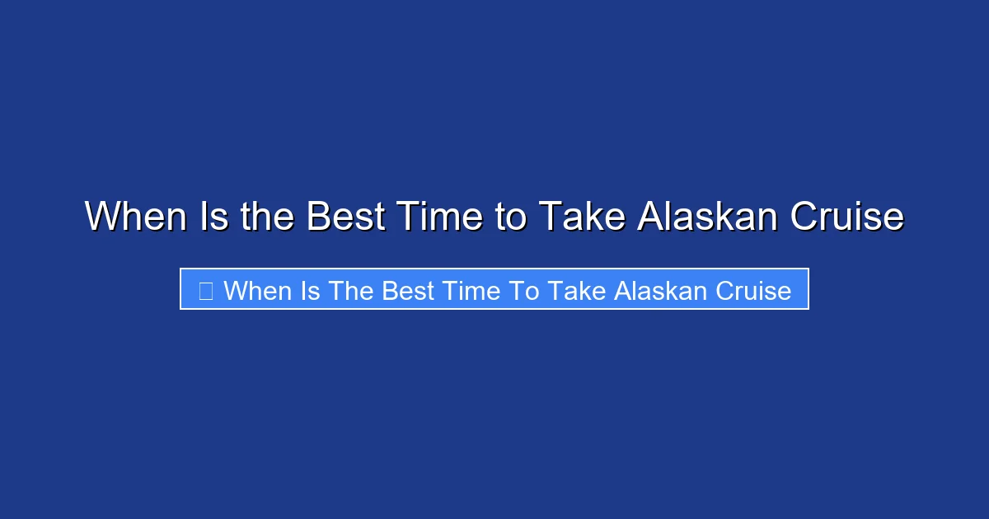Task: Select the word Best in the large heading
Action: pos(345,217)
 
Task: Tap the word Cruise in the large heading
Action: pos(846,217)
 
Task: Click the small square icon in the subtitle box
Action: pos(206,290)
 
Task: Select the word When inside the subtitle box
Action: pos(258,290)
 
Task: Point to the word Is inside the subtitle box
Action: pos(311,290)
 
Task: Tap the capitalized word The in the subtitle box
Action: pos(352,290)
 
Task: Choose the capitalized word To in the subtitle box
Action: pos(519,290)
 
